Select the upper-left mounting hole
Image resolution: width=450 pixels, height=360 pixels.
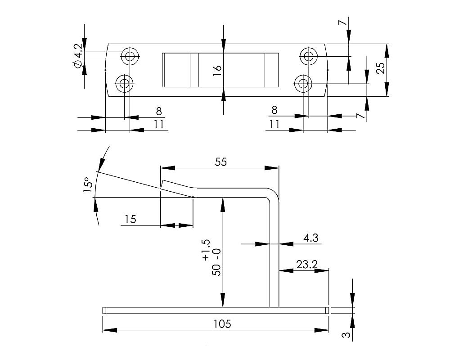(x=130, y=56)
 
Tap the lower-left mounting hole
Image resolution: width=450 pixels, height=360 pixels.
(x=124, y=83)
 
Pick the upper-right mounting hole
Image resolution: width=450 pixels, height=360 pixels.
(x=308, y=56)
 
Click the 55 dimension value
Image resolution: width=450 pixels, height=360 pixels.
(x=220, y=162)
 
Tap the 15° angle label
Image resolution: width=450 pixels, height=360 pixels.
(x=88, y=184)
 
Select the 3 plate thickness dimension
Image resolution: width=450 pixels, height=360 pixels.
(x=346, y=335)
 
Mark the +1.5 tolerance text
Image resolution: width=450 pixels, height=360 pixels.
(x=206, y=250)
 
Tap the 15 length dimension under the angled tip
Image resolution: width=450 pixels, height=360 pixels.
(x=130, y=219)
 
